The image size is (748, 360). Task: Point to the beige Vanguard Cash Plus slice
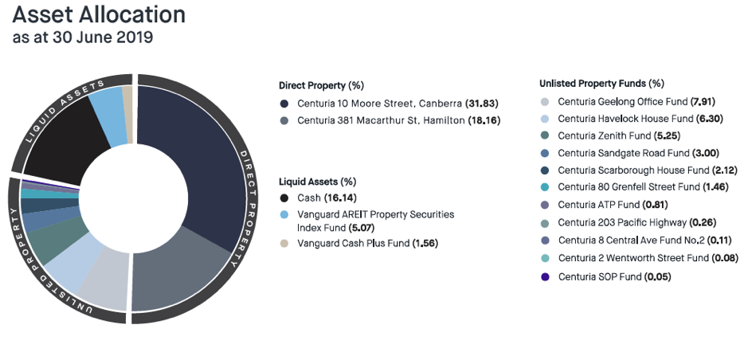(x=127, y=103)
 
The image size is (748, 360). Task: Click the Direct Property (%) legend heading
(x=321, y=85)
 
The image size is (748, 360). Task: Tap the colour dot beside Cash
(x=284, y=198)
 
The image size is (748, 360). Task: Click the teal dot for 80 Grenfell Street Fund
(x=545, y=188)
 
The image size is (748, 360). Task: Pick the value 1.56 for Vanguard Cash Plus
(x=423, y=243)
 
